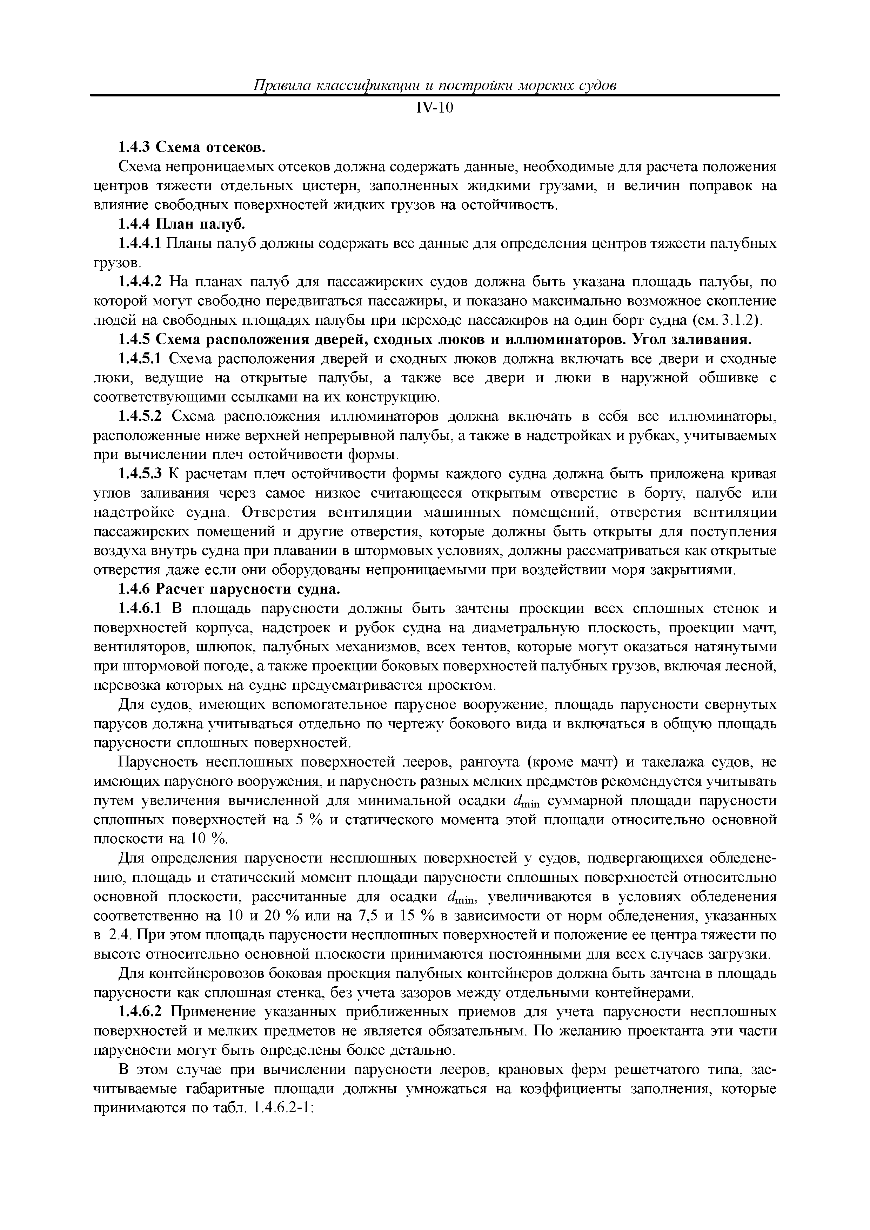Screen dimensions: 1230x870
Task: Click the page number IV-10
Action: pyautogui.click(x=435, y=108)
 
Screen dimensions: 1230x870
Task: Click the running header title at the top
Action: pyautogui.click(x=435, y=85)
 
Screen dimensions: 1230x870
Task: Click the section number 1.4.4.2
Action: pyautogui.click(x=139, y=282)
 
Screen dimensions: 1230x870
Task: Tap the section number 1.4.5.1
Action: pyautogui.click(x=139, y=359)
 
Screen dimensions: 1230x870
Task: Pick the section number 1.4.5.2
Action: pyautogui.click(x=139, y=417)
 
